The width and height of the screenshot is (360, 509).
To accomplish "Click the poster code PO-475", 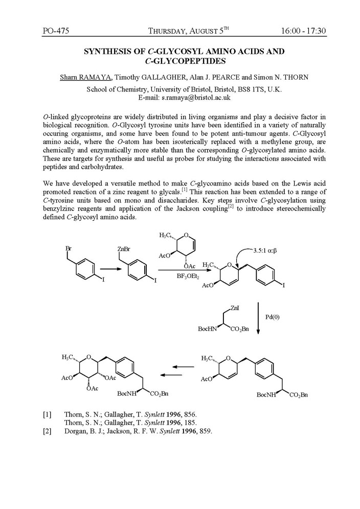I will click(x=56, y=31).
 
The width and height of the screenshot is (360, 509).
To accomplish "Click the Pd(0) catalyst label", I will click(x=272, y=317).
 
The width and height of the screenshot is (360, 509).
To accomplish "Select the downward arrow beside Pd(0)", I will click(x=258, y=317).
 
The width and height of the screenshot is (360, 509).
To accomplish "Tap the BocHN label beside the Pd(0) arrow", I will click(x=208, y=330).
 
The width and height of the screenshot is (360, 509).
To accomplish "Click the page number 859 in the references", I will click(x=205, y=431).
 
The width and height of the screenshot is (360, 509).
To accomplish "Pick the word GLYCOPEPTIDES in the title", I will click(x=185, y=61).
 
